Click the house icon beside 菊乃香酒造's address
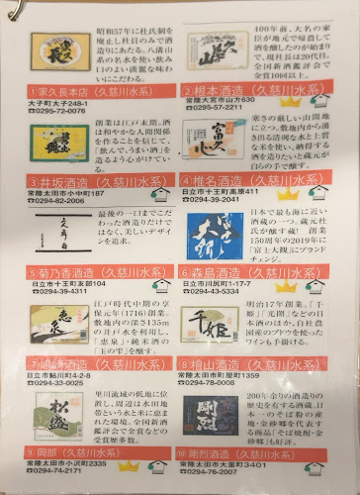(x=159, y=283)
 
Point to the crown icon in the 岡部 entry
(x=130, y=464)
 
